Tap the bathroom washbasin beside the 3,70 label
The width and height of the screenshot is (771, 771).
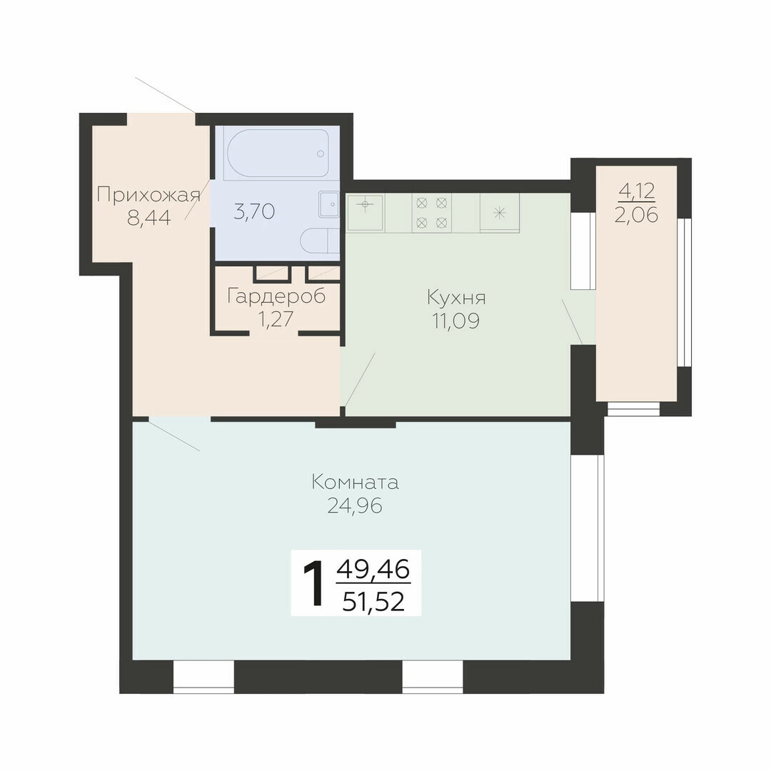point(329,204)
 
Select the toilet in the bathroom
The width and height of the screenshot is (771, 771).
point(320,242)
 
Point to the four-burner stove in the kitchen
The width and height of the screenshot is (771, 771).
point(432,213)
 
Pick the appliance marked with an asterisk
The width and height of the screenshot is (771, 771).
point(500,213)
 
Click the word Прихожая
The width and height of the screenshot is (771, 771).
point(148,195)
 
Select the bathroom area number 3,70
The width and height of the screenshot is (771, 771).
point(253,212)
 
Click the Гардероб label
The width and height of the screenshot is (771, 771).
point(276,296)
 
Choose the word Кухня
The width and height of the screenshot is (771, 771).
point(456,298)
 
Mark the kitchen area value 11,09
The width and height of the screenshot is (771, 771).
point(456,321)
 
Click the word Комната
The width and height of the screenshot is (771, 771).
point(355,483)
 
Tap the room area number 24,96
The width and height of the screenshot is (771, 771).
point(355,505)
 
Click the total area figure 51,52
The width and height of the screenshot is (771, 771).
point(373,601)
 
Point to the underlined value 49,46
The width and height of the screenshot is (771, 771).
point(373,570)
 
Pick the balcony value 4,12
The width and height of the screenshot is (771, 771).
point(637,191)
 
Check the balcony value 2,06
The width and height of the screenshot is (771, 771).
point(636,215)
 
